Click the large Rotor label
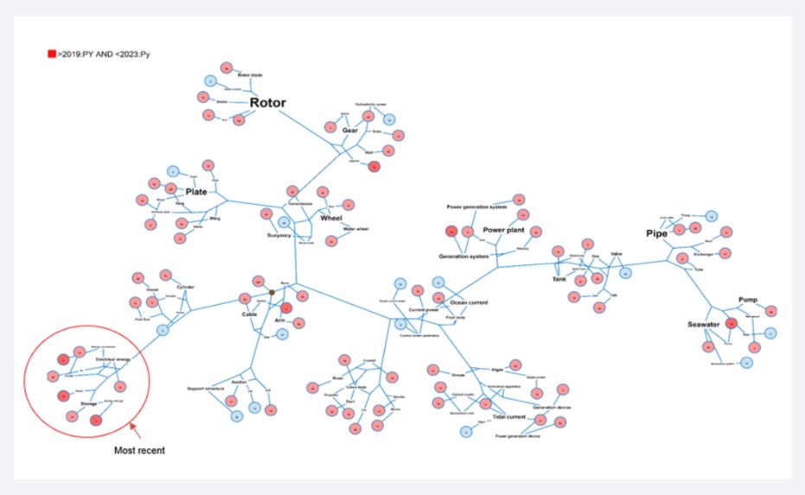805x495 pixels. (267, 103)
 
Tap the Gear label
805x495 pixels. (349, 130)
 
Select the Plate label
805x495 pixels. (196, 192)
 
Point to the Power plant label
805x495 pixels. (503, 231)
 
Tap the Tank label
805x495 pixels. (559, 278)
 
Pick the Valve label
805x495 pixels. (617, 254)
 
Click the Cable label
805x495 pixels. (250, 314)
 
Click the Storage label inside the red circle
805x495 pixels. (89, 402)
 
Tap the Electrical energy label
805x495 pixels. (112, 359)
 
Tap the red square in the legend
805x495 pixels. (52, 54)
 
